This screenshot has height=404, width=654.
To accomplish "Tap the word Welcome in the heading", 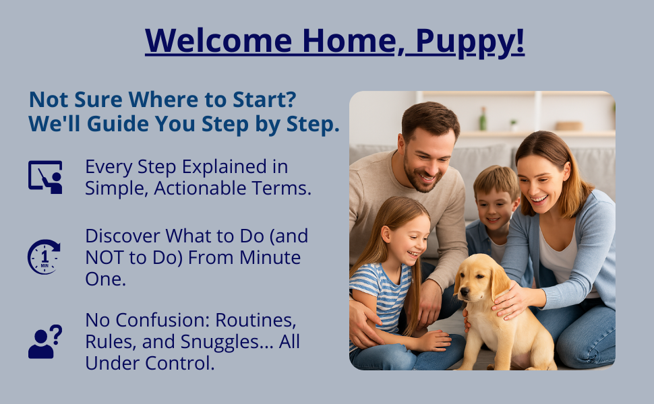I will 218,41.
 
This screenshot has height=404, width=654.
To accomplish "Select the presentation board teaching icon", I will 45,177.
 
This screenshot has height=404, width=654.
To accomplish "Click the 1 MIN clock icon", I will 44,257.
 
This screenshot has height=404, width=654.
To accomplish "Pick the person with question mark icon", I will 44,341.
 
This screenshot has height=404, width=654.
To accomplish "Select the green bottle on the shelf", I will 483,119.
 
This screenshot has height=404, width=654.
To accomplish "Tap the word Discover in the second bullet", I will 123,236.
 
